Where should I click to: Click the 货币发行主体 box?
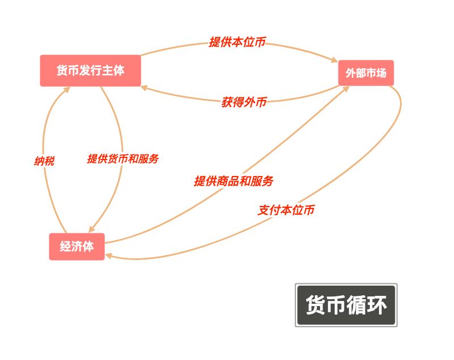coord(90,70)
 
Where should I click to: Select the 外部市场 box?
coord(366,73)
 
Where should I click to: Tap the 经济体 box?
coord(77,246)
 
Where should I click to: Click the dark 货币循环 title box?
coord(346,305)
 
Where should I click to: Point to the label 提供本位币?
coord(237,42)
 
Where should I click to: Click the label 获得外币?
coord(244,102)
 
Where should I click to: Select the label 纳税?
coord(44,161)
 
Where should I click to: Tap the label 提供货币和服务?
coord(123,158)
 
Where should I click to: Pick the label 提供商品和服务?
coord(234,181)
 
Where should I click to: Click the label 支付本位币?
coord(286,210)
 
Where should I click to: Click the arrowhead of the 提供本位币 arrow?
coord(335,60)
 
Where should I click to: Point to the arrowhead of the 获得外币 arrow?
coord(144,87)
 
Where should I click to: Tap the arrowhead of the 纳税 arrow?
coord(66,90)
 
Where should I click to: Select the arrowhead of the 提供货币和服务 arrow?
coord(91,229)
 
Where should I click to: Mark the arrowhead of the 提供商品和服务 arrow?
coord(345,89)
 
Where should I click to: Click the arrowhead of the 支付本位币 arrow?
coord(109,256)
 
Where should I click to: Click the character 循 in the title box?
coord(356,305)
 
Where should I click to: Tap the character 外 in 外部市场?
coord(351,73)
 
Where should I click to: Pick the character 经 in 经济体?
coord(65,246)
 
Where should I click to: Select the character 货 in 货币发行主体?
coord(63,70)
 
